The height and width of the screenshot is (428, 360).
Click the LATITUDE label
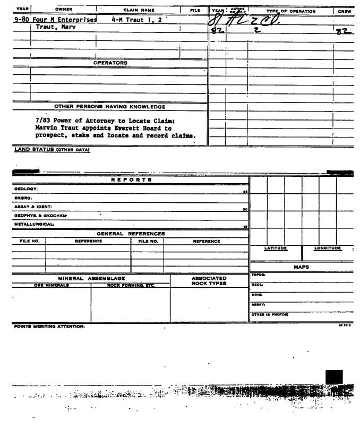pyautogui.click(x=276, y=248)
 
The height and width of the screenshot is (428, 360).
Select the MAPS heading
pyautogui.click(x=302, y=267)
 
